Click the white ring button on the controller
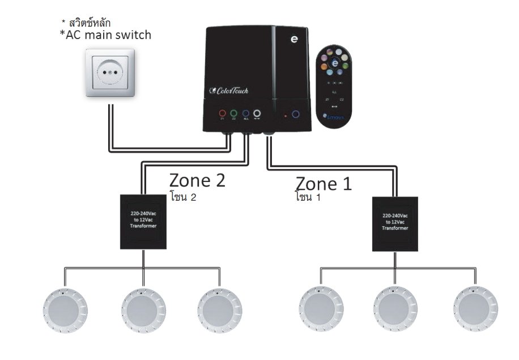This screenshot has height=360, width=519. click(257, 114)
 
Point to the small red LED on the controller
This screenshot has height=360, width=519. click(286, 115)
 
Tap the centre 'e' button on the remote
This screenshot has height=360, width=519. click(336, 63)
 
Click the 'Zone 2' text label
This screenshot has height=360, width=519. click(197, 180)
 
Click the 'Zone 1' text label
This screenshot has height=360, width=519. click(323, 183)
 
